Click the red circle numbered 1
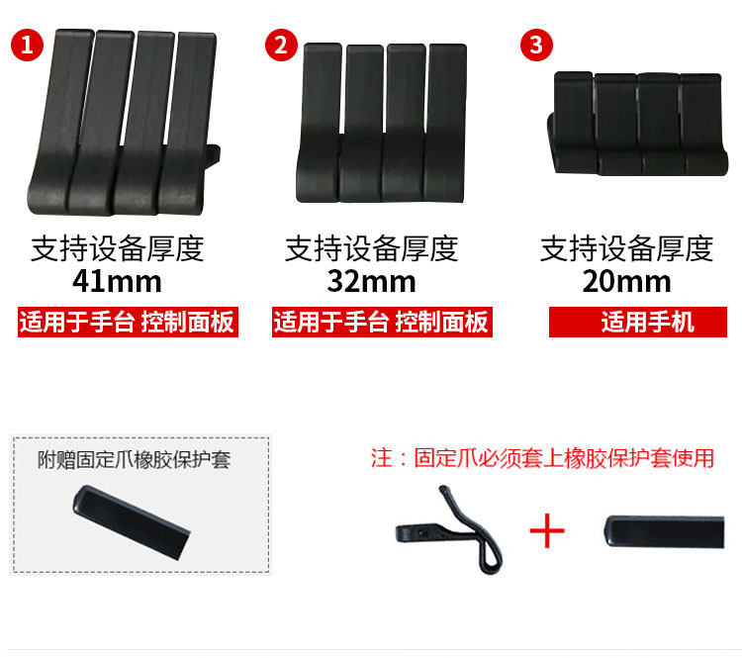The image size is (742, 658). click(27, 45)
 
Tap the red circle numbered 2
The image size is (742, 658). click(281, 45)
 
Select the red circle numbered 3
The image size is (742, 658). click(536, 45)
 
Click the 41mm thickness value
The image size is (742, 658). click(118, 282)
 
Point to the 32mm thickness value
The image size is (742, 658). click(371, 282)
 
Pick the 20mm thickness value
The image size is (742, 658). click(626, 282)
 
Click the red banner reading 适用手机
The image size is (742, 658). click(638, 322)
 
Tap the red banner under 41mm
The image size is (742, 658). click(128, 322)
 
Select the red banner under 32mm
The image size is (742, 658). click(382, 322)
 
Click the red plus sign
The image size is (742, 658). click(547, 530)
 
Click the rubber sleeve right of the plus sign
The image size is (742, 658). click(664, 532)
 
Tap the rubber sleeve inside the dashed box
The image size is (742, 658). click(131, 521)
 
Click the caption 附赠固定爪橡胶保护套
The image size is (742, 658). click(134, 460)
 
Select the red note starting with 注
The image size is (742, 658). click(542, 458)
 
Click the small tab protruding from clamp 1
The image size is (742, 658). click(214, 157)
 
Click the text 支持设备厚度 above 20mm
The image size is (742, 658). click(626, 248)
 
